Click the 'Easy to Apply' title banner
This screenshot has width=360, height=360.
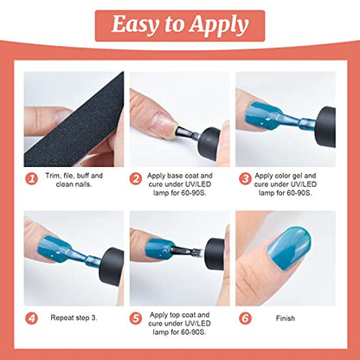(180, 26)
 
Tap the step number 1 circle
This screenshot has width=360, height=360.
(31, 179)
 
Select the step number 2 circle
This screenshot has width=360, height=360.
(135, 179)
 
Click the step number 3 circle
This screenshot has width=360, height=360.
(245, 179)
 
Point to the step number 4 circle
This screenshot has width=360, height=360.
(31, 318)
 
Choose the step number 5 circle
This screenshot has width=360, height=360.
(135, 318)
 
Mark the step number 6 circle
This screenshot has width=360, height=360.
(245, 318)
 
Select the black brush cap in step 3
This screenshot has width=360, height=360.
(326, 127)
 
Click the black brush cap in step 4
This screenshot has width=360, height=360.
(112, 266)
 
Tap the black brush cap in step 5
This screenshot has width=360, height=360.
(215, 254)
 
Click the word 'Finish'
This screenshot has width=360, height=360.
(286, 318)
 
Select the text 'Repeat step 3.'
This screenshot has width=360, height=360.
(74, 318)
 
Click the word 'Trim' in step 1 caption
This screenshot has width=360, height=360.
(52, 176)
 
